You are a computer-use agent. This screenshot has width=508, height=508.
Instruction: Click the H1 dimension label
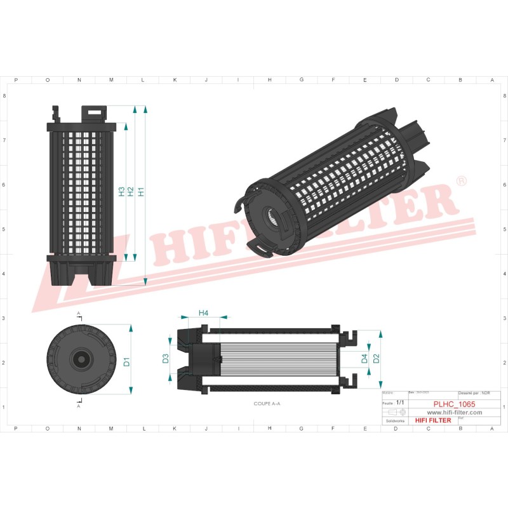click(140, 190)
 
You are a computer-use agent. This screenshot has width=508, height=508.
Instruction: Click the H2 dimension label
click(131, 190)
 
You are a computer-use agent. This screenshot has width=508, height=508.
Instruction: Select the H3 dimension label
click(121, 190)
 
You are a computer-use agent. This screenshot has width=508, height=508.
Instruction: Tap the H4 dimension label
click(204, 312)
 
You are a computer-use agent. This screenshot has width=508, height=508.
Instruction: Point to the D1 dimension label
click(126, 361)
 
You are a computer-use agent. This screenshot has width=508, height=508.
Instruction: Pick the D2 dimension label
click(376, 358)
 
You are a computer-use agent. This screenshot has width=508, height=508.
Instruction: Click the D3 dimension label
click(166, 359)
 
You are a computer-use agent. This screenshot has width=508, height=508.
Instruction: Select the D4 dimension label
click(364, 359)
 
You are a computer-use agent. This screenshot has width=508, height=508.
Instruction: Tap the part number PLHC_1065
click(454, 403)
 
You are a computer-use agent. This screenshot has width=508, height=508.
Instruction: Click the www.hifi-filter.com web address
click(453, 412)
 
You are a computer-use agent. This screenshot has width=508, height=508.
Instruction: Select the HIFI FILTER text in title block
click(432, 420)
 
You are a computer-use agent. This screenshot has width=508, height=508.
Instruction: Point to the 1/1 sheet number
click(400, 403)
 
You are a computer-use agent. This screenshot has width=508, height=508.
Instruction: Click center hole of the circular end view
click(80, 359)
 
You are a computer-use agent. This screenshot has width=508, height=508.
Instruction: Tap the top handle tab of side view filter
click(93, 112)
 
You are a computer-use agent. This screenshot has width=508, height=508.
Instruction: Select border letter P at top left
click(16, 80)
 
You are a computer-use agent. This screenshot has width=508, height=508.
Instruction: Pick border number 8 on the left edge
click(5, 96)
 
